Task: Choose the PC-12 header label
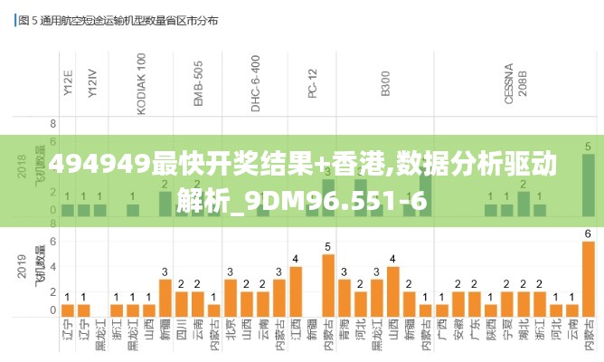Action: [312, 80]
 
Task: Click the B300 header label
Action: [386, 82]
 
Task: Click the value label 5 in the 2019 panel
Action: [327, 246]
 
